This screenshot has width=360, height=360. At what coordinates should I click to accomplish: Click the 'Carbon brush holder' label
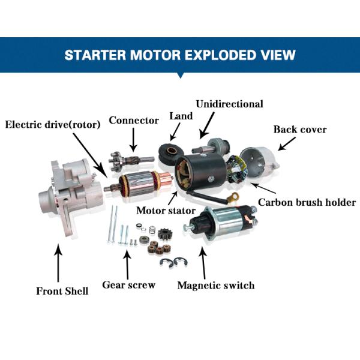pos(307,203)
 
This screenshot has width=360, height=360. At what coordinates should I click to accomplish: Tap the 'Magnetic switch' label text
pos(216,286)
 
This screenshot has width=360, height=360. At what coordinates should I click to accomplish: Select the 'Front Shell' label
pos(62,291)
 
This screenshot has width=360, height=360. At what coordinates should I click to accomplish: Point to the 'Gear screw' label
pos(128,285)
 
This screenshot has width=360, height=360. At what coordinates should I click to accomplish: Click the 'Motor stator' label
pos(166,211)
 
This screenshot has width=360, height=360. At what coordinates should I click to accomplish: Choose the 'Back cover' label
pos(300,129)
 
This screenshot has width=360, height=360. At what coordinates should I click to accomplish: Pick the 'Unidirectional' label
pos(229,104)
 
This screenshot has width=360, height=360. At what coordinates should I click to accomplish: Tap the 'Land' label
pos(181,116)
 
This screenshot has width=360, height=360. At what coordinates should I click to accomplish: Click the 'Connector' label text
pos(134,121)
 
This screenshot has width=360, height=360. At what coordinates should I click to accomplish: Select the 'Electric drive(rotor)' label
pos(53,124)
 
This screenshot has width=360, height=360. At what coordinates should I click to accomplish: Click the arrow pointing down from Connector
pos(133,140)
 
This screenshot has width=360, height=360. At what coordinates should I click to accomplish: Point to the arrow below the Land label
pos(175,132)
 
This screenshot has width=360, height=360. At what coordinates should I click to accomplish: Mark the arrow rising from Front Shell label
pos(58,263)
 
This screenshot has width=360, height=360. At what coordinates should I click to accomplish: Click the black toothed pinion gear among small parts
pos(164,234)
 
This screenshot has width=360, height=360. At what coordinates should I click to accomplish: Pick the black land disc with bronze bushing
pos(171,154)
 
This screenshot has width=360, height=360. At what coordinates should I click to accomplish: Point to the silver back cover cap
pos(259,162)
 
